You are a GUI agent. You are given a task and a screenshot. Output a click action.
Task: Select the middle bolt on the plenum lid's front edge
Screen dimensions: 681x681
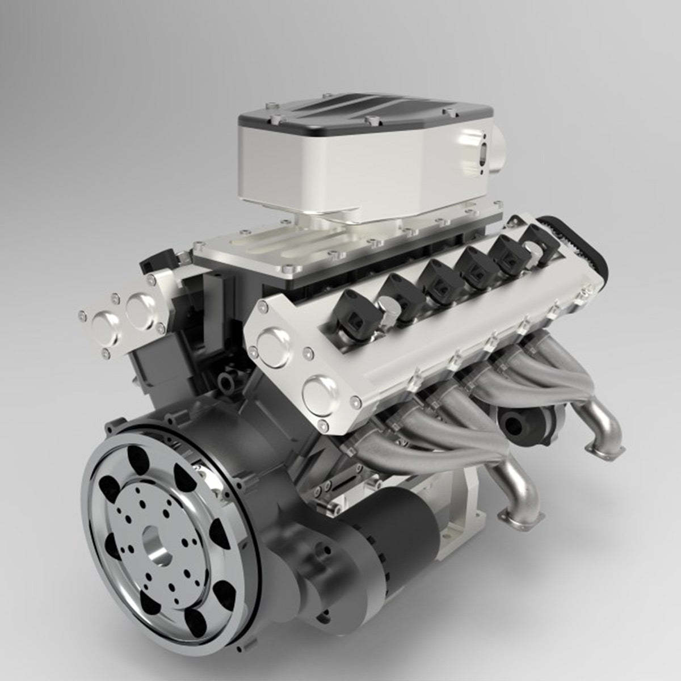[369, 121]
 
